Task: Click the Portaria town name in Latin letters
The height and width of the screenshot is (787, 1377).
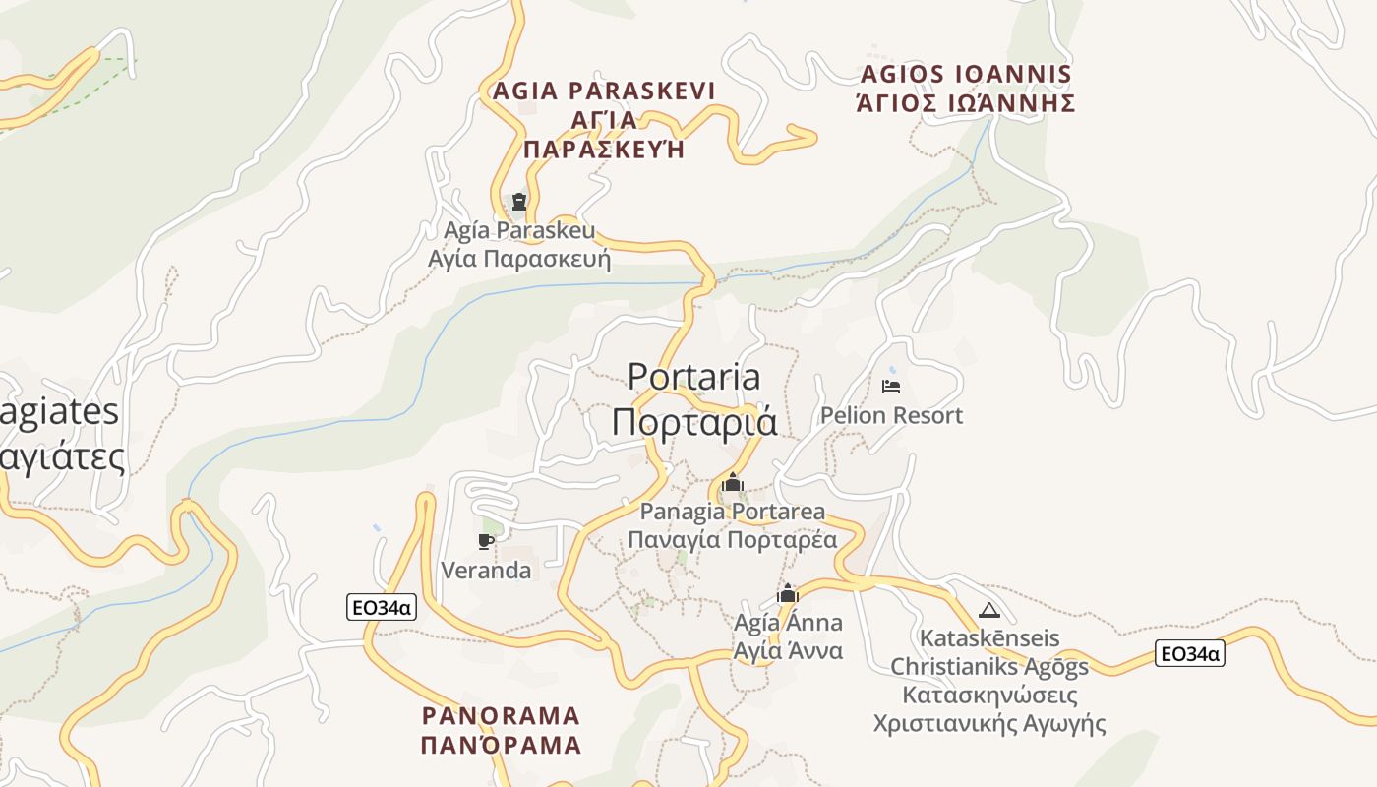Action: click(x=694, y=377)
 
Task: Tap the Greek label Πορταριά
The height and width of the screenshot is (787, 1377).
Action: click(x=694, y=421)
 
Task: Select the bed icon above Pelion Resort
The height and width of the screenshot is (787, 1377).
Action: click(x=891, y=387)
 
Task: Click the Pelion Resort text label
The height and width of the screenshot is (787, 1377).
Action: click(x=892, y=415)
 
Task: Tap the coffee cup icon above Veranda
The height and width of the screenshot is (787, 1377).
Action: click(x=485, y=541)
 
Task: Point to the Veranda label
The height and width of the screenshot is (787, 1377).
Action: click(x=486, y=571)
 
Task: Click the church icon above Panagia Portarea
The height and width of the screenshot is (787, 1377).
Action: click(x=732, y=483)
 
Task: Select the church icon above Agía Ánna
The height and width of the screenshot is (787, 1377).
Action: click(x=788, y=594)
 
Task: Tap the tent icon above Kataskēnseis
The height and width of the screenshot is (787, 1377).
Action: click(x=989, y=610)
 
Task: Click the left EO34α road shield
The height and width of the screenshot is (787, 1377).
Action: click(x=382, y=608)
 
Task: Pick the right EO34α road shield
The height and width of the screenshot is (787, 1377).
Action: click(x=1190, y=653)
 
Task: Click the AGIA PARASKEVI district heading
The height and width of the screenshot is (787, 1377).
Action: click(x=604, y=91)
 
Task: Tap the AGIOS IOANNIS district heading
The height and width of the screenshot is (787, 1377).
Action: click(x=966, y=75)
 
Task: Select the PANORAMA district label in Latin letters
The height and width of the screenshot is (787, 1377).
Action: click(x=501, y=715)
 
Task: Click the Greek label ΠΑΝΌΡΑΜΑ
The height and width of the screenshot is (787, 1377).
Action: click(x=501, y=745)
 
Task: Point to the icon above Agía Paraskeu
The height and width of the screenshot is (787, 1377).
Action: click(x=519, y=202)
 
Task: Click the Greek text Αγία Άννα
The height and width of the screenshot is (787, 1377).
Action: click(x=788, y=650)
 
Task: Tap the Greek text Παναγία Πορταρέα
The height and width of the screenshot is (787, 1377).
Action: click(x=733, y=539)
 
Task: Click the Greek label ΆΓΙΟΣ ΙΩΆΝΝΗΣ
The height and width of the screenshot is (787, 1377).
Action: click(x=966, y=103)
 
